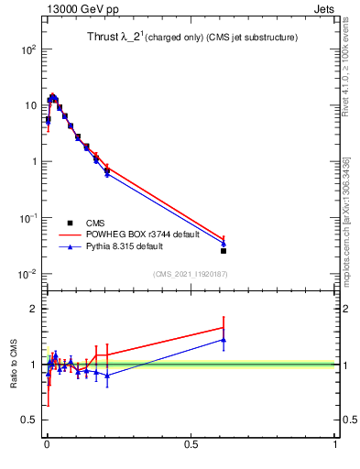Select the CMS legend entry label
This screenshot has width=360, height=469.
tap(95, 223)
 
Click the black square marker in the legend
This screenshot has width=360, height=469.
tap(70, 223)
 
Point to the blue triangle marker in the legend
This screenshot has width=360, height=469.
tap(70, 247)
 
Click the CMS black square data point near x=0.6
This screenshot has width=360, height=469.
tap(224, 250)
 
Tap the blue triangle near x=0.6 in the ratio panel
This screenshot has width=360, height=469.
tap(224, 340)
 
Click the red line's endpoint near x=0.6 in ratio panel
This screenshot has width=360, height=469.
tap(224, 327)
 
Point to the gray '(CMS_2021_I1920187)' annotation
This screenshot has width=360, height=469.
tap(191, 273)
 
